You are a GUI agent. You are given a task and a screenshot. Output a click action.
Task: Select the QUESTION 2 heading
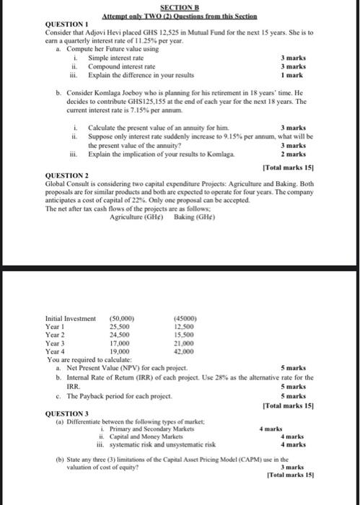pyautogui.click(x=66, y=176)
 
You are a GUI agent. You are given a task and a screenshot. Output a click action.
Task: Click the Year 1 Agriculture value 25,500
pyautogui.click(x=119, y=326)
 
